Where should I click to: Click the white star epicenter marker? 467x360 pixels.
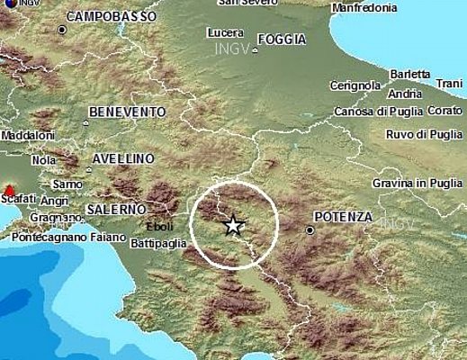(233, 225)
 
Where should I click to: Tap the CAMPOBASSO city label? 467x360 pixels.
(111, 16)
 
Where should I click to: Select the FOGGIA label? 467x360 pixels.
(282, 39)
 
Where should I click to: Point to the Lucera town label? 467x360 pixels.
(225, 32)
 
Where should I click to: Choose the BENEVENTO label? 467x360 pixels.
(127, 112)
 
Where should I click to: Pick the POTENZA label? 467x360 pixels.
(342, 217)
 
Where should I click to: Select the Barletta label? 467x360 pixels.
(410, 74)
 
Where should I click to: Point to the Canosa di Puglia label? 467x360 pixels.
(373, 111)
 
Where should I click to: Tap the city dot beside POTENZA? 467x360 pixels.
(310, 230)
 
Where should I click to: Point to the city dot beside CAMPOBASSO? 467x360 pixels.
(62, 30)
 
